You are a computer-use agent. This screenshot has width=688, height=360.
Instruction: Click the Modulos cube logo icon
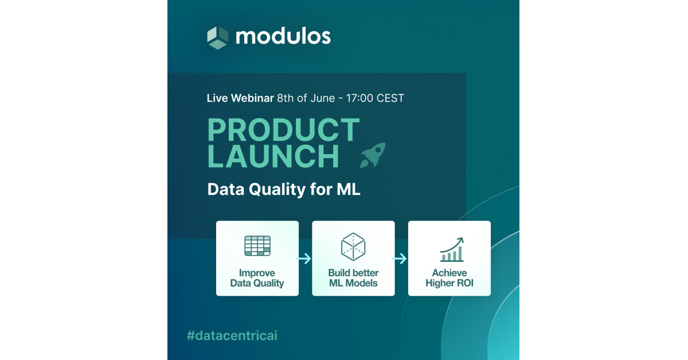click(217, 37)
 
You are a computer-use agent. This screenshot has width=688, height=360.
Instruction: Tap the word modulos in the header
click(283, 37)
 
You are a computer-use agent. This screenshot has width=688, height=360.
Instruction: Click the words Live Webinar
click(240, 98)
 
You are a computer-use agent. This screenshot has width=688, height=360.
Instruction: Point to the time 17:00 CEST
click(375, 98)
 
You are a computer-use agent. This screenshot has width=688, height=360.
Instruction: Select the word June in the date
click(322, 98)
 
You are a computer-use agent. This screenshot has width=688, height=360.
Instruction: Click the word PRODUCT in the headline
click(283, 130)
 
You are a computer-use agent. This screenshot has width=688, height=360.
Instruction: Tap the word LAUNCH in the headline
click(273, 156)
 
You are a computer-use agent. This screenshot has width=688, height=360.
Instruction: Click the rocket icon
click(373, 155)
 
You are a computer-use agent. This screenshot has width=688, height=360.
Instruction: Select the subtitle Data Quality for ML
click(284, 189)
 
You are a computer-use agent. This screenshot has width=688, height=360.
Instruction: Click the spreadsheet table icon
click(257, 246)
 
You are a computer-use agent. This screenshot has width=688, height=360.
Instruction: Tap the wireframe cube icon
click(353, 246)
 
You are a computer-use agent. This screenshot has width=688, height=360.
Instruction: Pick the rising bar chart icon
click(452, 249)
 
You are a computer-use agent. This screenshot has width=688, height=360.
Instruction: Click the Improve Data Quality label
click(257, 278)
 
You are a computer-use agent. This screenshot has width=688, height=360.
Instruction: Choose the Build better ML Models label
click(353, 278)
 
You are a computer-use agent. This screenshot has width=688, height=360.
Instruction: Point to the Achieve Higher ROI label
click(449, 278)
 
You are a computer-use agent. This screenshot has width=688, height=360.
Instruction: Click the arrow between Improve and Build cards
click(304, 259)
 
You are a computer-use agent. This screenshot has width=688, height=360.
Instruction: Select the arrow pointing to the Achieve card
click(399, 259)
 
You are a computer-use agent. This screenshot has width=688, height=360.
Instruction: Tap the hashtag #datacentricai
click(232, 335)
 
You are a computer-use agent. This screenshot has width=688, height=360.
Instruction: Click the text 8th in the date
click(286, 98)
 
